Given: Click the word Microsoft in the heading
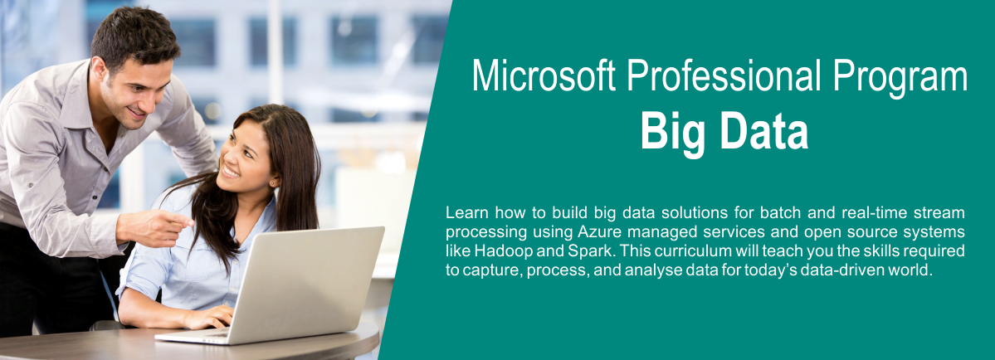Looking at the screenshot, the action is coord(544,76).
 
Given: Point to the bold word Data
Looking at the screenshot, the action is coord(767,130).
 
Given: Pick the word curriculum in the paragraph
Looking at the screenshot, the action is coord(690,251).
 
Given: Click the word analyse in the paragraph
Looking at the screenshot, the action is coord(651,270).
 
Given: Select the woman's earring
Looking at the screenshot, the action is coord(274,183).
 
